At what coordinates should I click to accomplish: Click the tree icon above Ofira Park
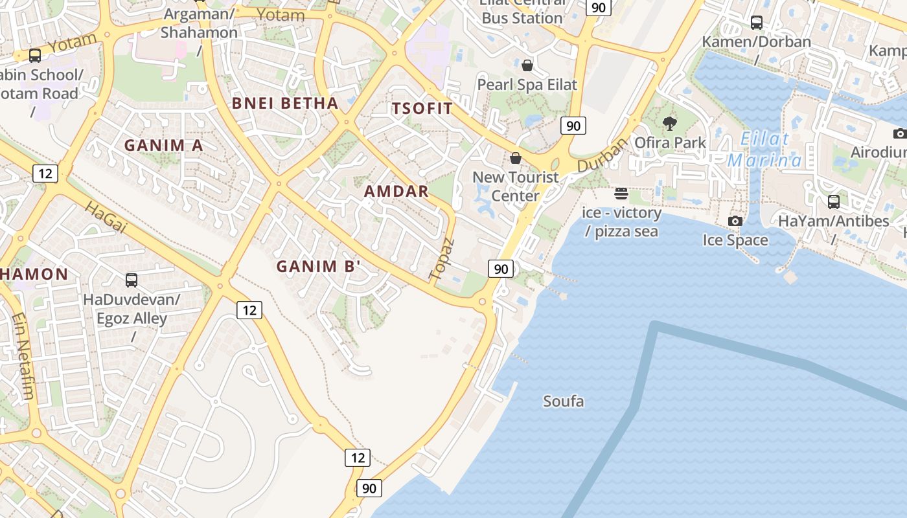point(670,123)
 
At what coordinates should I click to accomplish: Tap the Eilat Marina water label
point(764,150)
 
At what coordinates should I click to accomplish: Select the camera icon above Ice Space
point(735,221)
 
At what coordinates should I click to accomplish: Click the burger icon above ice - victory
point(621,193)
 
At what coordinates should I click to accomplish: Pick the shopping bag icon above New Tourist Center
point(516,158)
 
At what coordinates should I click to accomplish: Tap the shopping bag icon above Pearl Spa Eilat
point(527,65)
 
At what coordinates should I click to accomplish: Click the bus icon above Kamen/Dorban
point(757,23)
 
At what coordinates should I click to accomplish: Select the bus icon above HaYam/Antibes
point(834,202)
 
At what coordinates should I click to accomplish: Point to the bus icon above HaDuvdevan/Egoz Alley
point(132,280)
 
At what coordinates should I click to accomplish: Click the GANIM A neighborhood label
point(164,146)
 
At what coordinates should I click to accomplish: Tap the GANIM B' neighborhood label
point(318,266)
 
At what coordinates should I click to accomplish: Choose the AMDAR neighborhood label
point(396,191)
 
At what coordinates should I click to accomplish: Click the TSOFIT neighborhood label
point(422,108)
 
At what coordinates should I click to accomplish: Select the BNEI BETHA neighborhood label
point(285,103)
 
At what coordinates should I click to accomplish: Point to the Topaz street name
point(442,260)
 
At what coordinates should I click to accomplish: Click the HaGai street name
point(105,216)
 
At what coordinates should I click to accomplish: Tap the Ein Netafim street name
point(23,355)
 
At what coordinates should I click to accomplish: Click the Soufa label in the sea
point(563,401)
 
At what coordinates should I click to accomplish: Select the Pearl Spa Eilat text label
point(527,85)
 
